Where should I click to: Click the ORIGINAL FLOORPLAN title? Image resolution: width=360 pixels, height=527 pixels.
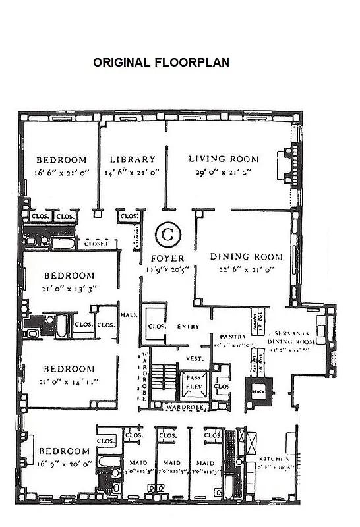pyautogui.click(x=161, y=63)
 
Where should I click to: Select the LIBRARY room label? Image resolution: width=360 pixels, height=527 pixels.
pyautogui.click(x=133, y=159)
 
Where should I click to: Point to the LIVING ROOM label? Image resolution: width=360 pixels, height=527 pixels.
pyautogui.click(x=224, y=159)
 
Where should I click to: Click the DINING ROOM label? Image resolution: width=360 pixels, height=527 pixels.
pyautogui.click(x=246, y=256)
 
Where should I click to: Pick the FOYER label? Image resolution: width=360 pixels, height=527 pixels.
pyautogui.click(x=167, y=258)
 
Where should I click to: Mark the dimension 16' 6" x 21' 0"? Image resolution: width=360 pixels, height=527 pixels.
pyautogui.click(x=61, y=173)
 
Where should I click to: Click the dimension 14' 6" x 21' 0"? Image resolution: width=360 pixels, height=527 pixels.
pyautogui.click(x=133, y=173)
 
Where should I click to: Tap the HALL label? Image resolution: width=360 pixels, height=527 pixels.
pyautogui.click(x=129, y=315)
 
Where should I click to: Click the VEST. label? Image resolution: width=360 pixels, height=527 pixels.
pyautogui.click(x=194, y=359)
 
